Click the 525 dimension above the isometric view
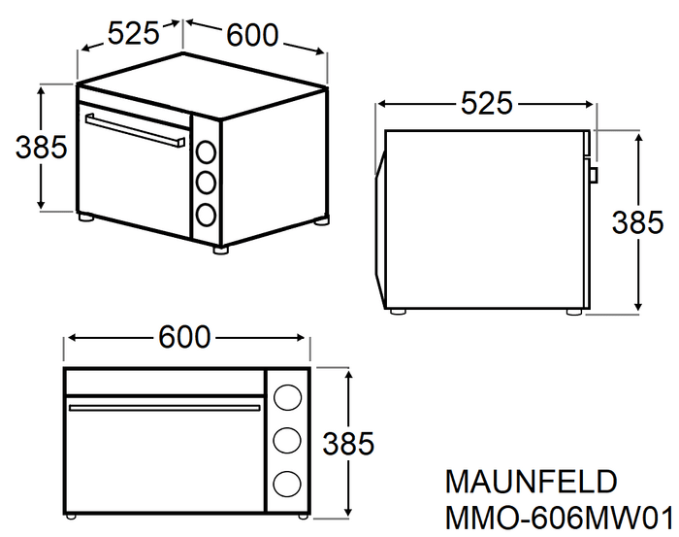point(134,33)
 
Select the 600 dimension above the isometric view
point(252,35)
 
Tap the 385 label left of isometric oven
point(41,147)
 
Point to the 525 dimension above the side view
point(486,104)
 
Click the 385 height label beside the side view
point(637,222)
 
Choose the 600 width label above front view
point(184,337)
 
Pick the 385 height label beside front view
point(348,444)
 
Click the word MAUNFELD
point(531,482)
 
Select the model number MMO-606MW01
point(560,518)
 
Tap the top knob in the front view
point(287,397)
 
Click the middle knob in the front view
point(287,440)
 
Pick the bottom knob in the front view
point(287,484)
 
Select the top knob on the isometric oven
point(206,151)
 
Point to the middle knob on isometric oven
point(206,183)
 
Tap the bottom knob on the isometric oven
point(206,214)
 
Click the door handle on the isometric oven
point(135,130)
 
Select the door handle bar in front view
point(165,408)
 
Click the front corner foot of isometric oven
point(220,251)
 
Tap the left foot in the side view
point(398,311)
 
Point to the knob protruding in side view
point(595,175)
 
